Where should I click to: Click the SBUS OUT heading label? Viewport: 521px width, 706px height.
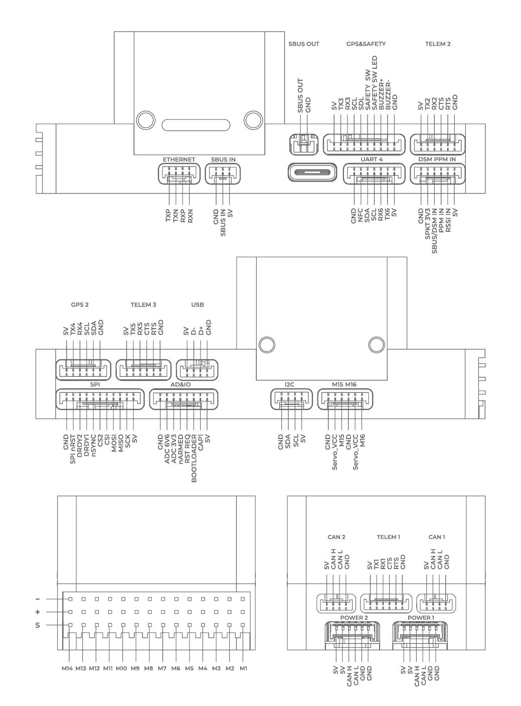[x=304, y=44]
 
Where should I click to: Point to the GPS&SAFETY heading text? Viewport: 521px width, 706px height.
[x=366, y=44]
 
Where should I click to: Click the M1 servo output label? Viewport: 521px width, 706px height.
[x=243, y=668]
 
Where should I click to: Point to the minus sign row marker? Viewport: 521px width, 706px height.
[x=38, y=599]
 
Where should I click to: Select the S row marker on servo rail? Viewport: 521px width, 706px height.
[x=38, y=626]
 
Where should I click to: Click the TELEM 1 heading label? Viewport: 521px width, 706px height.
[x=389, y=537]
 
